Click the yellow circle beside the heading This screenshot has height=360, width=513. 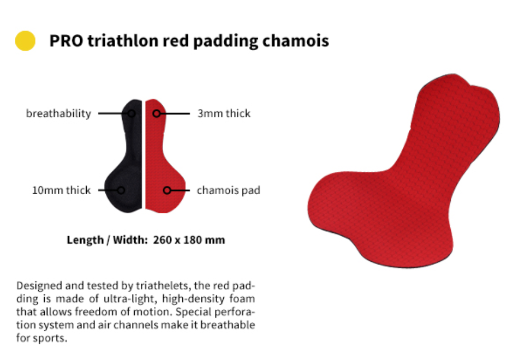click(x=25, y=41)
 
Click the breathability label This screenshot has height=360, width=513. click(x=58, y=113)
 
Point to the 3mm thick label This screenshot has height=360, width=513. click(x=224, y=113)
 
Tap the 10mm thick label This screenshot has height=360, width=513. click(x=61, y=190)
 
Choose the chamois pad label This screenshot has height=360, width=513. click(x=228, y=190)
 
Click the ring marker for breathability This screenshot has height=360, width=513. click(x=132, y=113)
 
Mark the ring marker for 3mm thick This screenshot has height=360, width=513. click(x=157, y=113)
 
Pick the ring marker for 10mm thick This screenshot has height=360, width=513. click(x=121, y=190)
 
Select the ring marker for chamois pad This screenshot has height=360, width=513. click(x=167, y=190)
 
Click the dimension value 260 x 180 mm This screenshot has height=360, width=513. click(x=189, y=240)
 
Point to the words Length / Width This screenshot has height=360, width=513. click(x=108, y=240)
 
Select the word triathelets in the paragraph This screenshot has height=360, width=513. click(x=163, y=286)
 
